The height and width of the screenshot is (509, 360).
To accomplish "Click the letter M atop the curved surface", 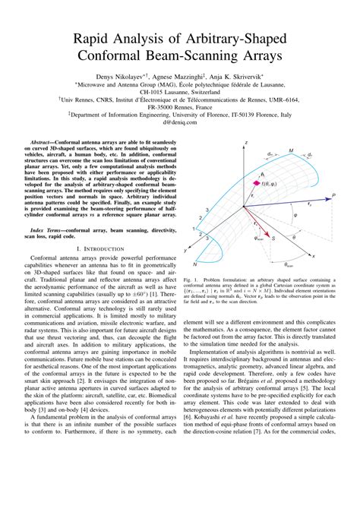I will tap(291, 150).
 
